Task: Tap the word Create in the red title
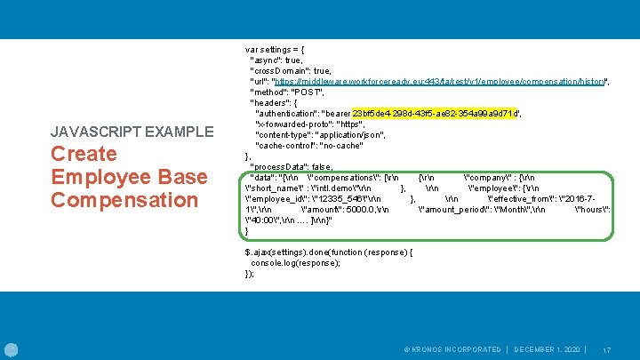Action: (x=84, y=154)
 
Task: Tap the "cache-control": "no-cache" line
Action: (x=308, y=146)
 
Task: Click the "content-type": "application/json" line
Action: (x=320, y=135)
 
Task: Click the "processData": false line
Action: (x=292, y=167)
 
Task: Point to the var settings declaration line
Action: (x=276, y=48)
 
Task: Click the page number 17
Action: (x=607, y=349)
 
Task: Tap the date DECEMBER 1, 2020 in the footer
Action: (x=547, y=349)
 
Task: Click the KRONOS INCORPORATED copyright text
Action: (x=451, y=349)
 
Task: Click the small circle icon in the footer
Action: (x=12, y=348)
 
